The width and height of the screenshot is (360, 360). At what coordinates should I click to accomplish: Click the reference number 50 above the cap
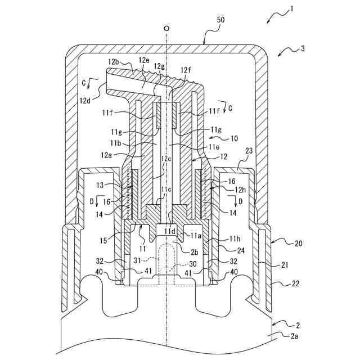[220, 20]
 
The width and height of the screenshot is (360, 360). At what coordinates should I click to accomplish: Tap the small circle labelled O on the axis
[167, 29]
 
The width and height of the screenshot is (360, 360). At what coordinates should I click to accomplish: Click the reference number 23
[249, 151]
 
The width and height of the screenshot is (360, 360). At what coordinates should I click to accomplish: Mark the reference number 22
[295, 283]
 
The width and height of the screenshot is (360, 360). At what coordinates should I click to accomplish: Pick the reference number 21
[285, 265]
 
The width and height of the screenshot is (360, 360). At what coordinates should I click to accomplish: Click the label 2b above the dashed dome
[195, 252]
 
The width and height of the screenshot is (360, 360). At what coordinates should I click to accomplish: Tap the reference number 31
[137, 261]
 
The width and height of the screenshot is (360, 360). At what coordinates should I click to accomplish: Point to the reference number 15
[103, 240]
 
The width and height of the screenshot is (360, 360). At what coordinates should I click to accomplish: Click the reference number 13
[100, 185]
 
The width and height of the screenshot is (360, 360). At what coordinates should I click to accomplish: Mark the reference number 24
[240, 250]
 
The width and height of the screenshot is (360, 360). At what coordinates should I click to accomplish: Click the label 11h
[235, 239]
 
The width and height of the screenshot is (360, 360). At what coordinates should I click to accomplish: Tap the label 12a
[106, 155]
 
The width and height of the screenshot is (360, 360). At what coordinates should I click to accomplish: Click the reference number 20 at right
[299, 243]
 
